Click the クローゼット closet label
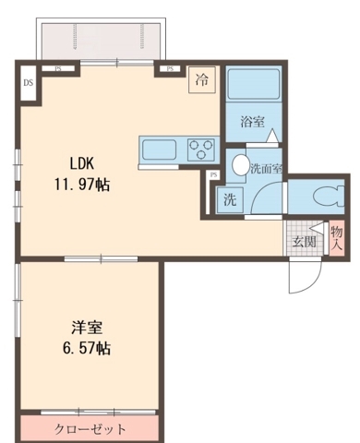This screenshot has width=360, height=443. (90, 429)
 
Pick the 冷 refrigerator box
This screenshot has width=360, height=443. (200, 79)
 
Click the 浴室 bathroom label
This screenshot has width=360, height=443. (252, 121)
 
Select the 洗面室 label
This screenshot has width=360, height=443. (267, 169)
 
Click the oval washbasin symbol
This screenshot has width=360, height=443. (240, 166)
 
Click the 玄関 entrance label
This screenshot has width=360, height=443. (304, 242)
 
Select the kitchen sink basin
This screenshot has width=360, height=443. (156, 148)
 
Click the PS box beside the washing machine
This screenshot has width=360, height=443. (214, 175)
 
